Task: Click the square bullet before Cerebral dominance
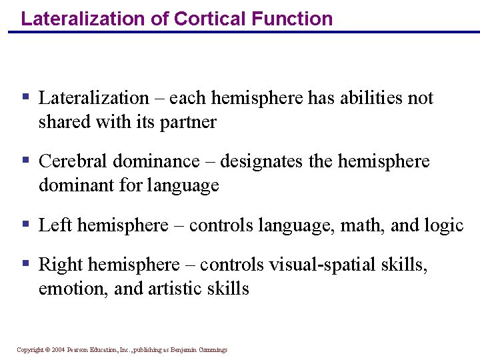pos(26,160)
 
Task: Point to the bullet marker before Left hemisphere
pos(26,224)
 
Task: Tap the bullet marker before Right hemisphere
pos(26,263)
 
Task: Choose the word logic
pos(443,225)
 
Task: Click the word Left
pos(55,225)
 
